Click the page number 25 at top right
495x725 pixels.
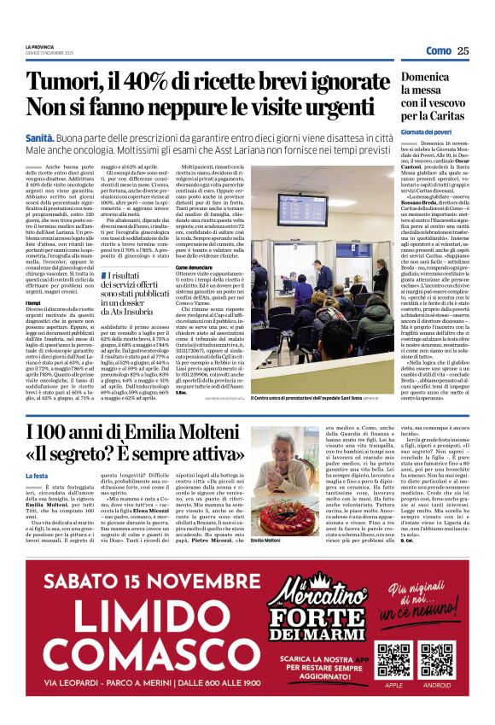[463, 51]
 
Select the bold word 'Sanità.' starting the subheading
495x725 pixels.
[41, 137]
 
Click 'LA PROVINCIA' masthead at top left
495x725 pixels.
[39, 46]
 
